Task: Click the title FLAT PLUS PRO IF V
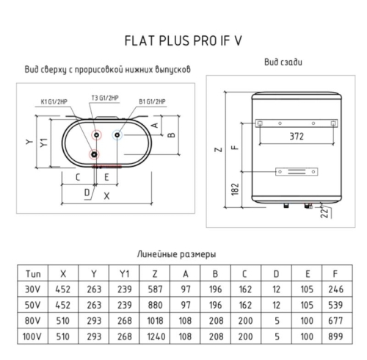pos(183,40)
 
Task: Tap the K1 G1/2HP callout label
pos(54,101)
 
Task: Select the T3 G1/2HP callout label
pos(105,98)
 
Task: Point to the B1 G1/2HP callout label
pos(152,101)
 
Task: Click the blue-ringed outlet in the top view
pos(117,135)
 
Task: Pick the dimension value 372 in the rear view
pos(297,136)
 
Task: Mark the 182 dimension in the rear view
pos(235,190)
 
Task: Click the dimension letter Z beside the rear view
pos(219,149)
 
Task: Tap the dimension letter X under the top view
pos(106,196)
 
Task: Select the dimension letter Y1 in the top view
pos(44,143)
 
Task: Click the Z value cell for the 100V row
pos(155,336)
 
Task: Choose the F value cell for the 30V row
pos(337,289)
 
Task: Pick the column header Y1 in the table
pos(124,273)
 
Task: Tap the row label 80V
pos(32,320)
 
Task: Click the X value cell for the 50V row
pos(63,305)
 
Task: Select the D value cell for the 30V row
pos(276,289)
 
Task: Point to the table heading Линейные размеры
pos(176,254)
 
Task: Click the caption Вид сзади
pos(283,62)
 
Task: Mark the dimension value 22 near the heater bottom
pos(324,212)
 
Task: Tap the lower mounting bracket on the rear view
pos(297,172)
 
